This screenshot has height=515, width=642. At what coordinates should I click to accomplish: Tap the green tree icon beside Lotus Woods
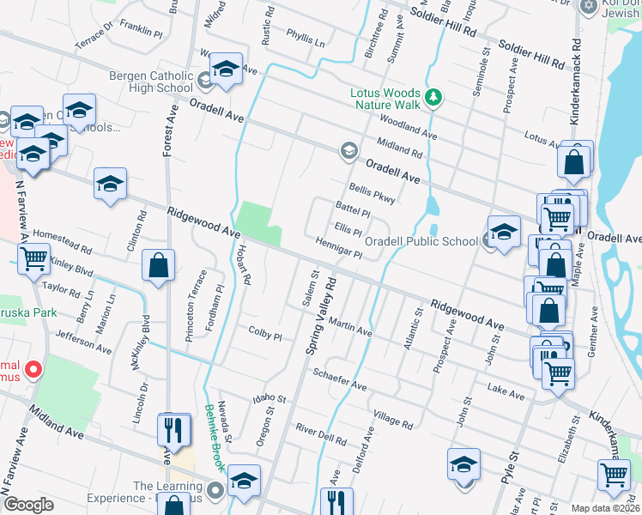coord(434,95)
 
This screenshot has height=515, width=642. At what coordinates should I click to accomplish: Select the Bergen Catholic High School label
coord(151,82)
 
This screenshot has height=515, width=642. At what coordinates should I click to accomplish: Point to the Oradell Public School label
coord(421,241)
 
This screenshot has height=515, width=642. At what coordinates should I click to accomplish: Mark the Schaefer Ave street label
coord(340,380)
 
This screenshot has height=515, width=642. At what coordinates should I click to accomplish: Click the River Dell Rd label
coord(320,433)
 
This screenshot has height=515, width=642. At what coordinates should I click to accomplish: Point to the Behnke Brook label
coord(214,438)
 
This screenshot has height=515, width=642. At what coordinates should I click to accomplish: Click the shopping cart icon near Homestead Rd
coord(33,257)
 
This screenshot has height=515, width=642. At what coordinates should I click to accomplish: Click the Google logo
coord(28,505)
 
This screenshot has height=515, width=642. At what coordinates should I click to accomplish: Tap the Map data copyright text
coord(605,508)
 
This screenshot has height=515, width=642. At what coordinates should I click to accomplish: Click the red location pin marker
coord(33,370)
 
